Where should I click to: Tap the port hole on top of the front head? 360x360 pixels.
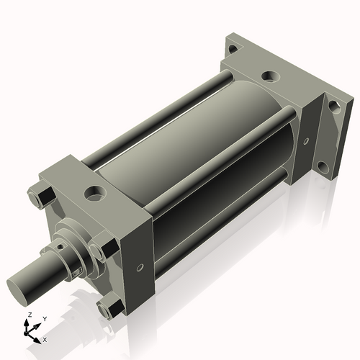pos(94,192)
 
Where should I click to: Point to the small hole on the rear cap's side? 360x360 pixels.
pos(306,142)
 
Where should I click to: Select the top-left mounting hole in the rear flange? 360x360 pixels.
pos(231,50)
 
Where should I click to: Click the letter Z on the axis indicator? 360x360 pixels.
pos(28,315)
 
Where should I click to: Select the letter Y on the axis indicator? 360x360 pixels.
pos(43,318)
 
